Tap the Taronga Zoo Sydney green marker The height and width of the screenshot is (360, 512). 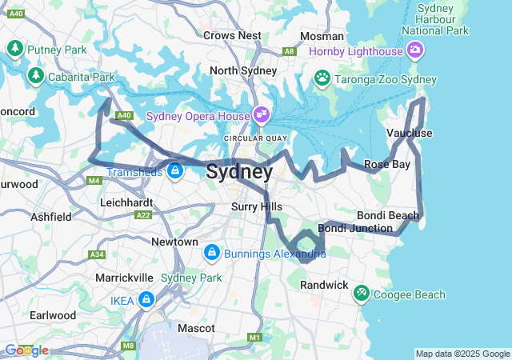click(x=322, y=78)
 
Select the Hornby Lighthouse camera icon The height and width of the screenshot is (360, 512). click(x=415, y=51)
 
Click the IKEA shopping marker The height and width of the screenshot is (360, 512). click(x=146, y=300)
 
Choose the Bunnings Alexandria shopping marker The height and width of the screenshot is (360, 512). click(x=212, y=254)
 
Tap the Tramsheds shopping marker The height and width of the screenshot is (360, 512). click(x=174, y=170)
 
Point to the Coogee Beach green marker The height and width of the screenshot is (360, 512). click(x=362, y=294)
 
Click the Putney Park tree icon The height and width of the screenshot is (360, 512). click(x=14, y=50)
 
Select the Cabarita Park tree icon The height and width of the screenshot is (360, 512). click(x=35, y=76)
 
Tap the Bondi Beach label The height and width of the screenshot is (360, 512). click(x=387, y=216)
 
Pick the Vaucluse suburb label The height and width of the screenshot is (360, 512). click(x=409, y=133)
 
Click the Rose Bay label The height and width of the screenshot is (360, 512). click(x=387, y=164)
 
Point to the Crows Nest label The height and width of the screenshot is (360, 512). click(x=232, y=35)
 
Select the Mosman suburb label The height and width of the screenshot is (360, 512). click(x=322, y=36)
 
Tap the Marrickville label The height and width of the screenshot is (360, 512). click(x=118, y=277)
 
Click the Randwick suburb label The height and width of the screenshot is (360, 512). click(x=324, y=285)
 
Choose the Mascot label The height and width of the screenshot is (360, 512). click(x=196, y=328)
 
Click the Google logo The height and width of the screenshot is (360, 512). click(x=26, y=350)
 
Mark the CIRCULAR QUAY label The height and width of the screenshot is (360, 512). click(x=254, y=138)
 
